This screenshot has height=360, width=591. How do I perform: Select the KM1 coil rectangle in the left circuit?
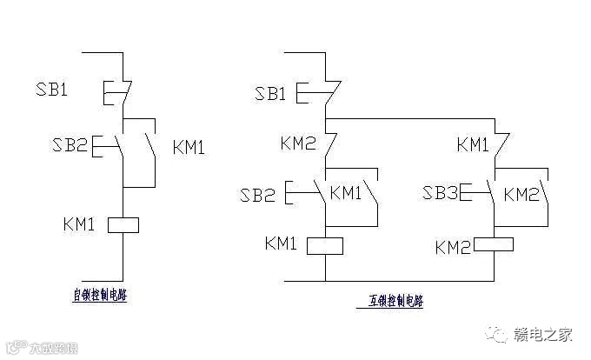click(123, 225)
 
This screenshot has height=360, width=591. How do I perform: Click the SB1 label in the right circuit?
click(270, 93)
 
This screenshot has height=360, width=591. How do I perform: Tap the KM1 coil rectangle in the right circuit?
click(325, 244)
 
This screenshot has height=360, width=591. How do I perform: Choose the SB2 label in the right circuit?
click(258, 195)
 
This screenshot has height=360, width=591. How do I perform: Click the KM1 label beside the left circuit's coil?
click(80, 224)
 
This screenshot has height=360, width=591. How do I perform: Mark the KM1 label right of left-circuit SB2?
click(189, 147)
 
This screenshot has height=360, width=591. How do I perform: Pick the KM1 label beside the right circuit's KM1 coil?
click(282, 243)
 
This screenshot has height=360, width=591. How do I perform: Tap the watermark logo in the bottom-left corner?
click(16, 350)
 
